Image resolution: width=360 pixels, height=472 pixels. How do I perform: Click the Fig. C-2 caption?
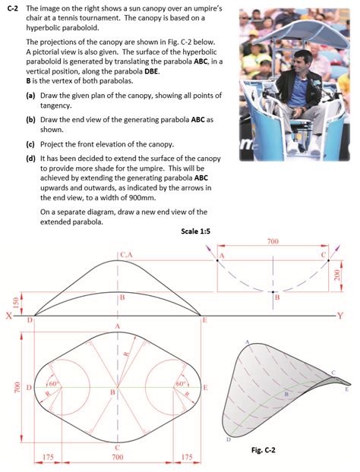266,450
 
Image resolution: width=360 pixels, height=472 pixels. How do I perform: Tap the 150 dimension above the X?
5,303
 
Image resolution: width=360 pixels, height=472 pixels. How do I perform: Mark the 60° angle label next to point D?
53,384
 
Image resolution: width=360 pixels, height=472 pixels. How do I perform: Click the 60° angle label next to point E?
181,384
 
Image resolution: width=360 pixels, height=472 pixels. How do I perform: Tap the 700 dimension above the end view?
272,241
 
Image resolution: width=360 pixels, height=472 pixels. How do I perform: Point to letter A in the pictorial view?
248,342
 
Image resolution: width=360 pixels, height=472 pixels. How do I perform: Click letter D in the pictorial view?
228,439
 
